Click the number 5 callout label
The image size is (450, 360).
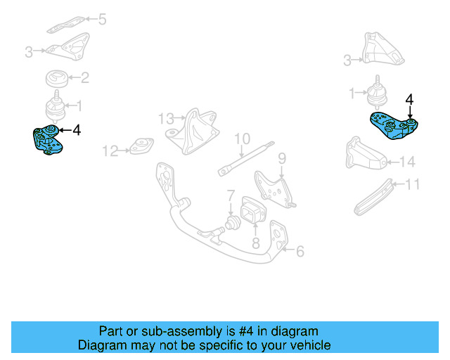click(102, 19)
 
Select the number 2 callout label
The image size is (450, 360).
click(84, 78)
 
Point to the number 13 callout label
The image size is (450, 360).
click(165, 117)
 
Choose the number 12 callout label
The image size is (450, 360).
click(110, 150)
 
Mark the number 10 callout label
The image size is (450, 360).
click(242, 138)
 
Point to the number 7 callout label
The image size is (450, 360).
click(229, 194)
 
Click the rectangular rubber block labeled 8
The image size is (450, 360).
click(252, 212)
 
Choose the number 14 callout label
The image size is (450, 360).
click(408, 162)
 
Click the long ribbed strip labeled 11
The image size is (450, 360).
click(373, 196)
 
